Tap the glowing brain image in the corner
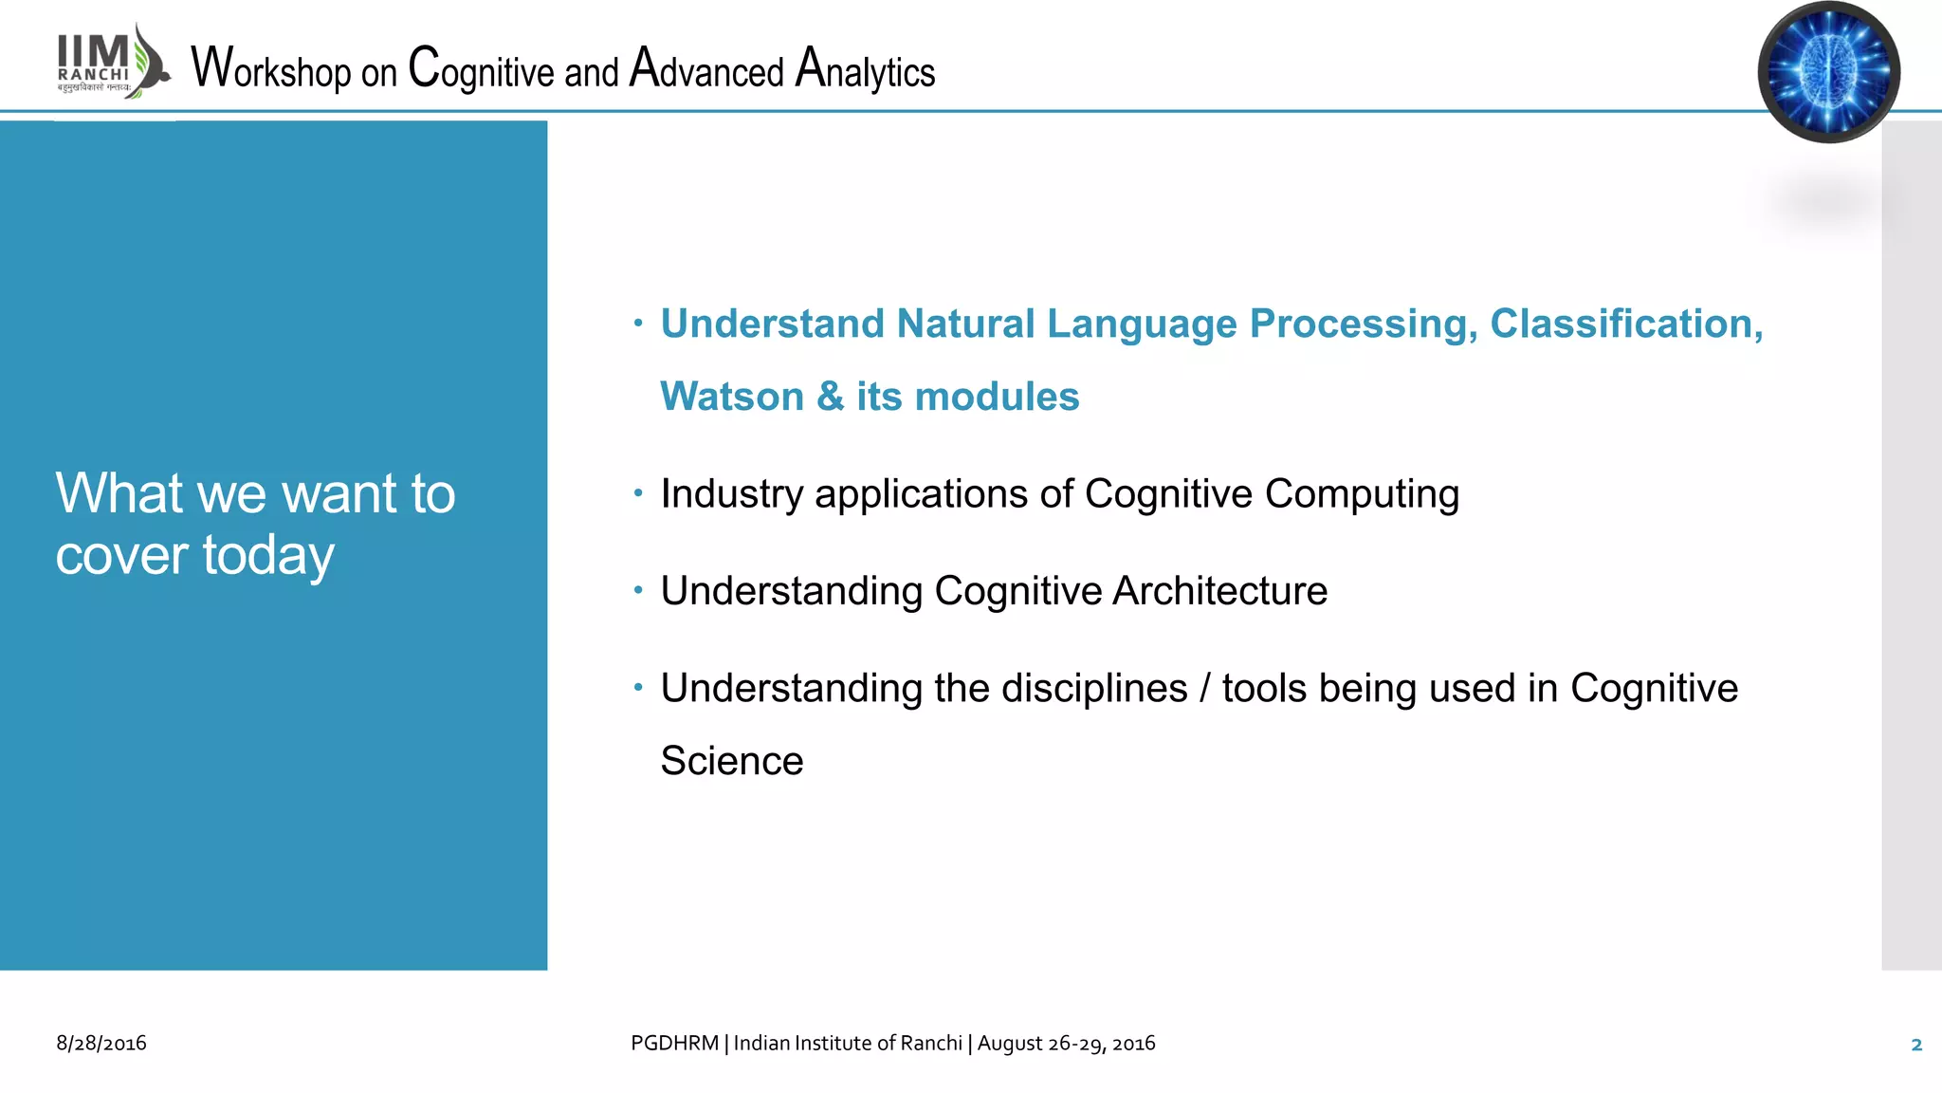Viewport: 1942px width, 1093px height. point(1828,72)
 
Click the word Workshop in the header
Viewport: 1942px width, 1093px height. point(271,69)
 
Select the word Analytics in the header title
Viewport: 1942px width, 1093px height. point(865,69)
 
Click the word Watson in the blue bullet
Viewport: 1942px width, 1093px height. point(732,397)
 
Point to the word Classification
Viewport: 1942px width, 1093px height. point(1625,324)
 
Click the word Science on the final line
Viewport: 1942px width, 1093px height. point(732,761)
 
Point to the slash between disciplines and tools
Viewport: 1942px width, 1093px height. point(1204,688)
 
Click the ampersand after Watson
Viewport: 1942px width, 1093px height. point(830,397)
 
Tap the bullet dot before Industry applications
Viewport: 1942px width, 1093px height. point(638,492)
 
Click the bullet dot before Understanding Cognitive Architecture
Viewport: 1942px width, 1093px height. point(638,590)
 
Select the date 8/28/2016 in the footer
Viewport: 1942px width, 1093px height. point(101,1044)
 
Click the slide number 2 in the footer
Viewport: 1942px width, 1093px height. point(1915,1045)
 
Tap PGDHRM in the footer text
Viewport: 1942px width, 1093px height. point(674,1044)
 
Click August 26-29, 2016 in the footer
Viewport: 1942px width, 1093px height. point(1066,1044)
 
